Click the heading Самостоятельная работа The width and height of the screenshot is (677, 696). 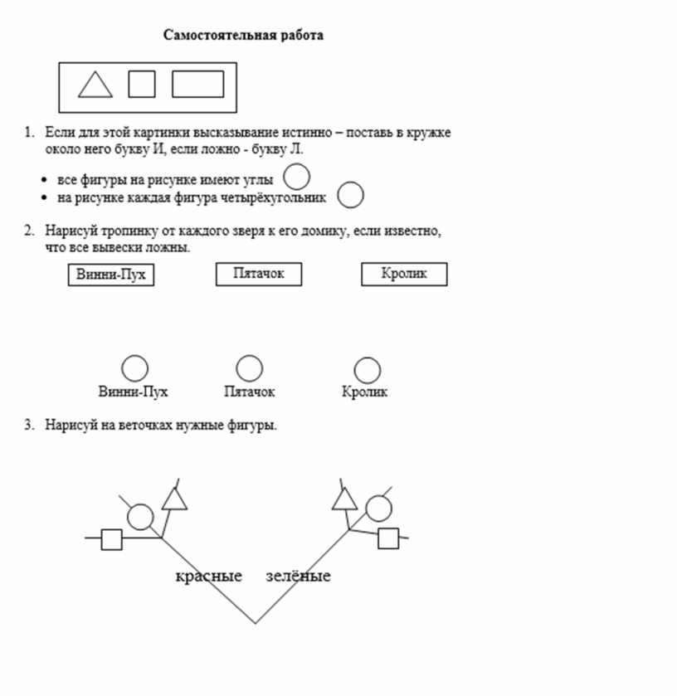tap(243, 35)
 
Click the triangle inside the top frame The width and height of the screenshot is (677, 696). tap(95, 86)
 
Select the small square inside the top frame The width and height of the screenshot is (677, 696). tap(141, 84)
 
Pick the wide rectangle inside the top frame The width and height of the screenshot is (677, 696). tap(197, 84)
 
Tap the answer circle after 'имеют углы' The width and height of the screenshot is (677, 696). tap(296, 177)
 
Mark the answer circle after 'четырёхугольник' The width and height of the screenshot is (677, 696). tap(351, 196)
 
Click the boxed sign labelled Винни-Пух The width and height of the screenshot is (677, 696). tap(112, 275)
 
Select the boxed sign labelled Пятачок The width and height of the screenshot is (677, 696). tap(258, 274)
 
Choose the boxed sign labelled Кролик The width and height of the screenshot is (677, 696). tap(404, 274)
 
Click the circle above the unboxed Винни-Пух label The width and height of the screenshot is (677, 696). tap(134, 368)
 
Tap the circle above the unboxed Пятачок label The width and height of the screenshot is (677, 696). tap(249, 368)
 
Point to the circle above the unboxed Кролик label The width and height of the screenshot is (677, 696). tap(367, 370)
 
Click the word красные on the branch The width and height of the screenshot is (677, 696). tap(208, 576)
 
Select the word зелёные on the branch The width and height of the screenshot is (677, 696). tap(298, 576)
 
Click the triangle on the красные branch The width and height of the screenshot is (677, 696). tap(174, 499)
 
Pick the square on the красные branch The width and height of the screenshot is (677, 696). tap(111, 539)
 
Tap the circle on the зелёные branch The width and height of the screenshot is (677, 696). tap(378, 508)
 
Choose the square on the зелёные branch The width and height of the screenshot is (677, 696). tap(387, 538)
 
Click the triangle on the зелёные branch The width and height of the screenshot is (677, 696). tap(344, 499)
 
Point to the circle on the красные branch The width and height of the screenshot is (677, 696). tap(140, 517)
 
